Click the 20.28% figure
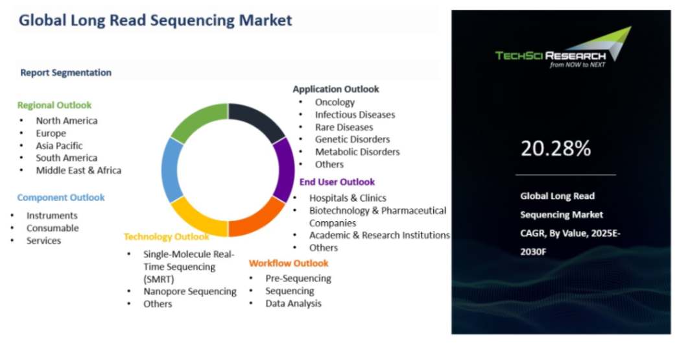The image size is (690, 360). coord(556,149)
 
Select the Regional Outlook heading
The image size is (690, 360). coord(54,105)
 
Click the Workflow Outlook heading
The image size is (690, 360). coord(289,263)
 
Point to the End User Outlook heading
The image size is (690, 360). coord(337,182)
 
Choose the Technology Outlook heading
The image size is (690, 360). coord(166,237)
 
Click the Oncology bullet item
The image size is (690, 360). coord(335,102)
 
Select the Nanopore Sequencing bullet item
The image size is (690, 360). coord(189,291)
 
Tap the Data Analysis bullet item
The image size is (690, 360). coord(294,303)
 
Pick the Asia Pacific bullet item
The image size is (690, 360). coord(59,146)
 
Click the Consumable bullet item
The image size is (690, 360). coord(53,228)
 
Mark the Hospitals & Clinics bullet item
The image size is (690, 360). coord(348,198)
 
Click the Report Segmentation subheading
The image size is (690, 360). coord(65,73)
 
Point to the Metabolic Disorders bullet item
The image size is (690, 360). coord(357,152)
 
